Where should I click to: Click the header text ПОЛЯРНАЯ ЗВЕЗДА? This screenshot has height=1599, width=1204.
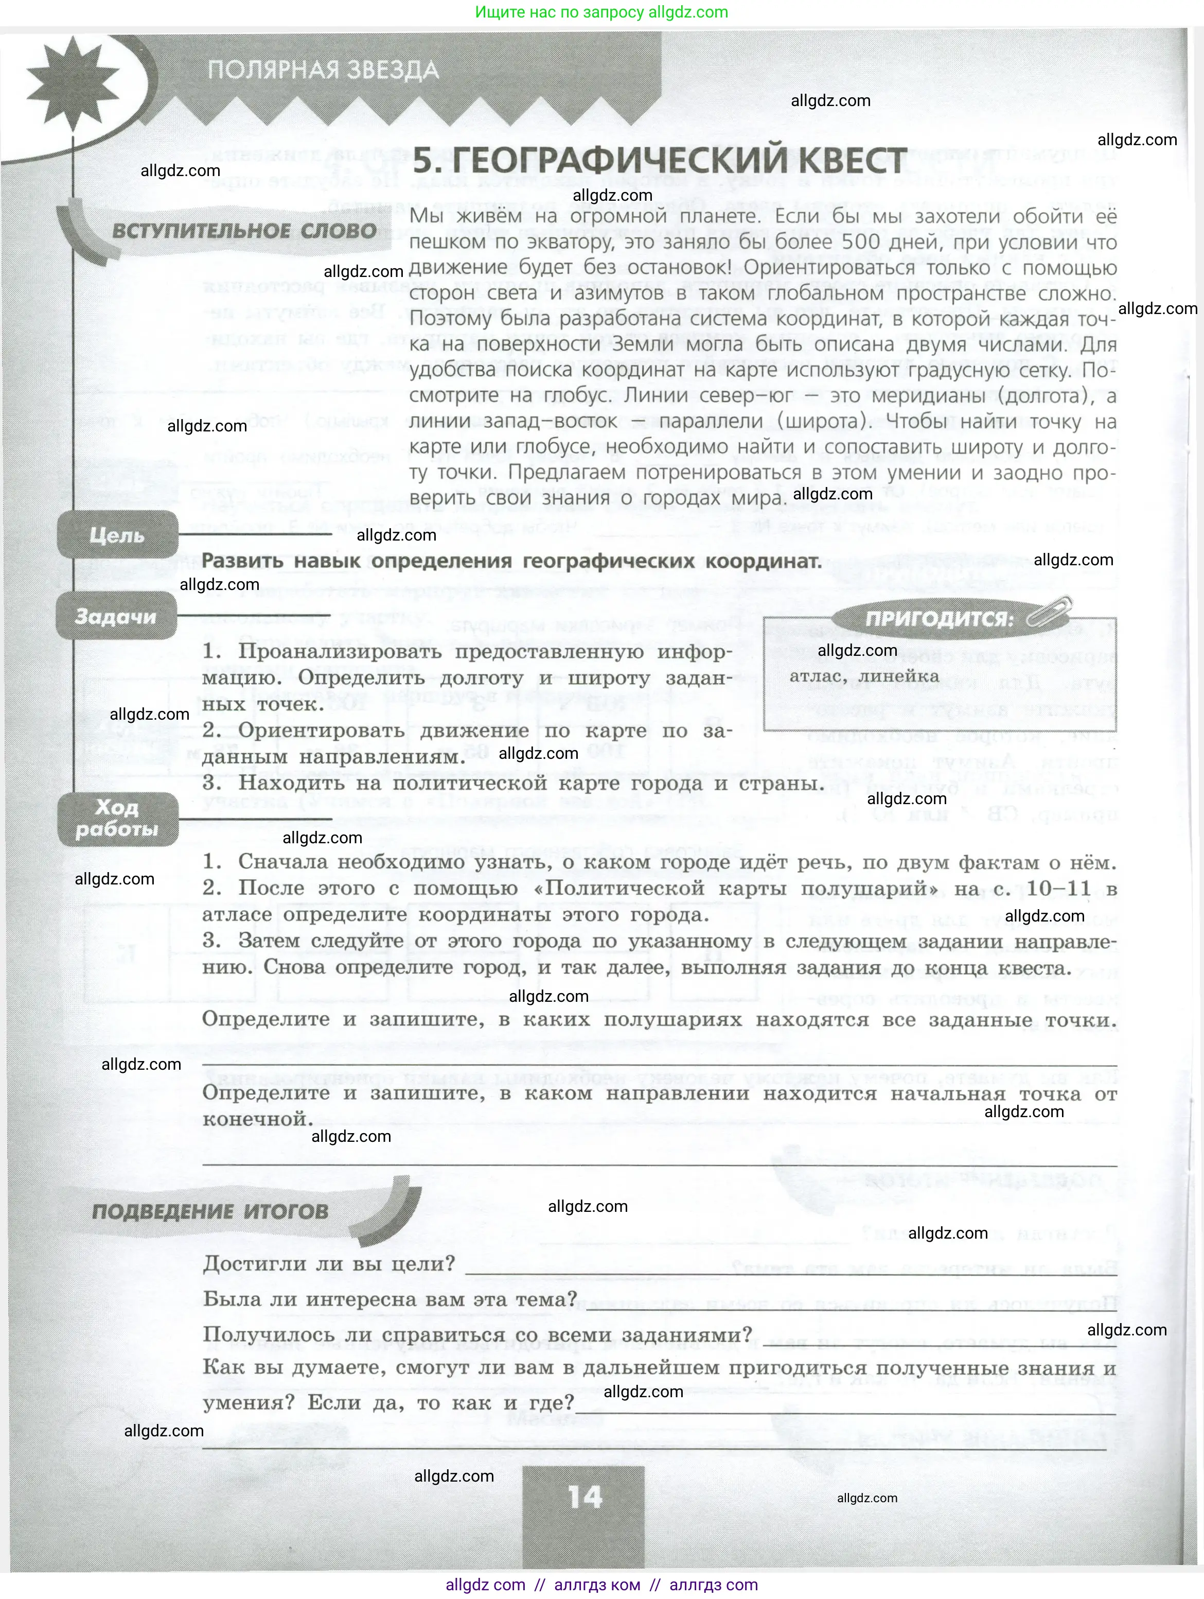[323, 70]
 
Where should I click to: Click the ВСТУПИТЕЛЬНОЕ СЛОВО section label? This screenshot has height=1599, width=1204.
[244, 231]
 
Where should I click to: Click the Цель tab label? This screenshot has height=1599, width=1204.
[117, 535]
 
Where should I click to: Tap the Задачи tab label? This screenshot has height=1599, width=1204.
[116, 617]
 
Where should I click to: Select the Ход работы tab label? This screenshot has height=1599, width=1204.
[117, 819]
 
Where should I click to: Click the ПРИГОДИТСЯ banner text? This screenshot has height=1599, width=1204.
[939, 619]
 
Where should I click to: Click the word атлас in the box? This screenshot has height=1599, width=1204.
[814, 676]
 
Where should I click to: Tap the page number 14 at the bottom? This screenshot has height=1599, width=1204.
[584, 1497]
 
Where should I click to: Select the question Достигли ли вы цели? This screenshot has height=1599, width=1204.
[329, 1264]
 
